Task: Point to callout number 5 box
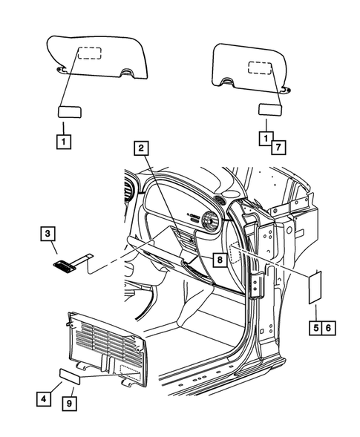pyautogui.click(x=315, y=327)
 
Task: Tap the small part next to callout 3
pyautogui.click(x=70, y=260)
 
